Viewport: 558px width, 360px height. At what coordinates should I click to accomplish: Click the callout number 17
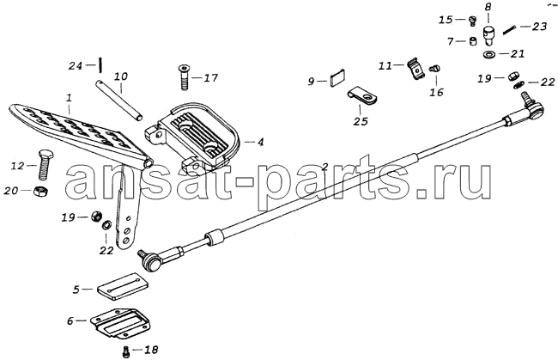(x=210, y=77)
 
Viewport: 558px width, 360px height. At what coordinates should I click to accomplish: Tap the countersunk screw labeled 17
(x=184, y=77)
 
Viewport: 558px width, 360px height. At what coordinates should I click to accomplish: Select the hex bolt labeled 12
(x=42, y=164)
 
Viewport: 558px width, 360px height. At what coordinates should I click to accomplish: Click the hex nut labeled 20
(x=40, y=192)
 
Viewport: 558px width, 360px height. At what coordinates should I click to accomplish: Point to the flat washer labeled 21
(x=490, y=54)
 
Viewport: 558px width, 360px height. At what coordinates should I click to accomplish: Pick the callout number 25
(x=361, y=121)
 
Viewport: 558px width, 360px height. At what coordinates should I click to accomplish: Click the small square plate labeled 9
(x=337, y=77)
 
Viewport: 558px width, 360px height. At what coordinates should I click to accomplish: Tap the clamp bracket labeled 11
(x=415, y=69)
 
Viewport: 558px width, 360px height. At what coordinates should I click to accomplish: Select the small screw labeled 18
(x=125, y=351)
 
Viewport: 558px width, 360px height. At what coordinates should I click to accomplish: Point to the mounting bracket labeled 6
(x=120, y=324)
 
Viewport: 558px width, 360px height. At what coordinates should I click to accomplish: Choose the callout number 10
(x=121, y=76)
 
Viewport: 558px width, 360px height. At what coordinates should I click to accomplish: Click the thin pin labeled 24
(x=101, y=64)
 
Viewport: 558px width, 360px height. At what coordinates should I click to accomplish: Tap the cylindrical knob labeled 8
(x=489, y=35)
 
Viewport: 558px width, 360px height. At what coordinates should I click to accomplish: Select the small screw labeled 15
(x=473, y=21)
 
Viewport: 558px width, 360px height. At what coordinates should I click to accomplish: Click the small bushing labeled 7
(x=473, y=41)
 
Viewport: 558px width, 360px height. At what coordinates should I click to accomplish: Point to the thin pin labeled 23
(x=510, y=29)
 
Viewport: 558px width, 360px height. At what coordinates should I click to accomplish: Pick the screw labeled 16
(x=435, y=69)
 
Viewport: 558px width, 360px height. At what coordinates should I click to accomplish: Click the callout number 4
(x=260, y=142)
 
